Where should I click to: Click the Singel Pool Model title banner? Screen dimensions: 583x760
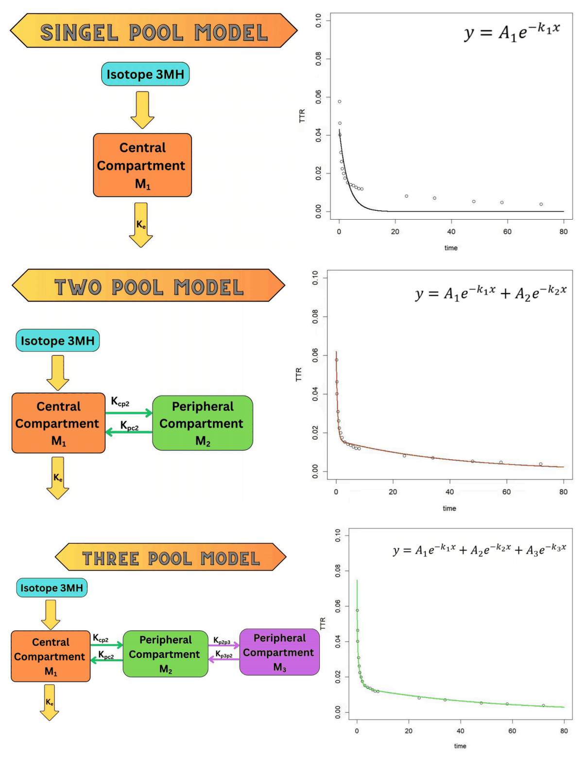pyautogui.click(x=154, y=31)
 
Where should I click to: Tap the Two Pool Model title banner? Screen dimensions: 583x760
pyautogui.click(x=149, y=285)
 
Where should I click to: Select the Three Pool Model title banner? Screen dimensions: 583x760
pyautogui.click(x=171, y=557)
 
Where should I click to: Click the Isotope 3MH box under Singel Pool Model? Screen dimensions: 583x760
pyautogui.click(x=145, y=74)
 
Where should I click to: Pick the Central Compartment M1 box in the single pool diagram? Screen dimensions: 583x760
pyautogui.click(x=142, y=165)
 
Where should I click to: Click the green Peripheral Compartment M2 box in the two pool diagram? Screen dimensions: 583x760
pyautogui.click(x=203, y=423)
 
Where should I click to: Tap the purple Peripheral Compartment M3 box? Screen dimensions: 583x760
pyautogui.click(x=279, y=652)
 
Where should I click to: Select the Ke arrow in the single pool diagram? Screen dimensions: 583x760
pyautogui.click(x=141, y=225)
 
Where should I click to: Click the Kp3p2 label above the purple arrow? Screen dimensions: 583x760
pyautogui.click(x=223, y=654)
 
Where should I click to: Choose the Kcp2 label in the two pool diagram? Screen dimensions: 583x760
pyautogui.click(x=120, y=401)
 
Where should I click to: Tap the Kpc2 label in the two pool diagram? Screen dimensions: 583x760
pyautogui.click(x=129, y=426)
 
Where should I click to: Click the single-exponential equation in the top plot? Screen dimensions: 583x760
pyautogui.click(x=512, y=33)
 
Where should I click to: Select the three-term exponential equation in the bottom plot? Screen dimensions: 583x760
pyautogui.click(x=479, y=550)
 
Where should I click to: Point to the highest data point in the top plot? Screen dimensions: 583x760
pyautogui.click(x=340, y=102)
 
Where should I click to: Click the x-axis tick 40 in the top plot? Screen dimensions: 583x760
pyautogui.click(x=451, y=231)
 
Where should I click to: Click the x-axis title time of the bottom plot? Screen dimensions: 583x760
pyautogui.click(x=460, y=746)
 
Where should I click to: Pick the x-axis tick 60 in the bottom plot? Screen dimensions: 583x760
pyautogui.click(x=512, y=731)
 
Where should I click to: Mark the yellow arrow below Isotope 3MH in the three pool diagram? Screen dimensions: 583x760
pyautogui.click(x=51, y=615)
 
